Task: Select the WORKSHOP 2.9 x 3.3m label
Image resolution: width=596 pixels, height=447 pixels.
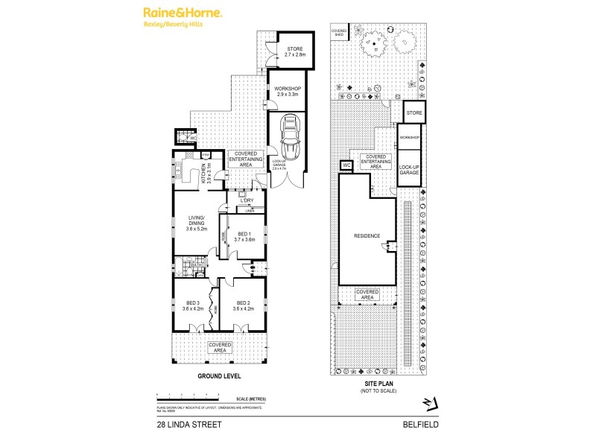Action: click(x=287, y=92)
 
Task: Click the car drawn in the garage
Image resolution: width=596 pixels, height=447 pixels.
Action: click(x=288, y=139)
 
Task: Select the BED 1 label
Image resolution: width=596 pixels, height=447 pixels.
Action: click(x=244, y=237)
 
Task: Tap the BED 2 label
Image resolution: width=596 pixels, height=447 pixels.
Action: click(x=244, y=305)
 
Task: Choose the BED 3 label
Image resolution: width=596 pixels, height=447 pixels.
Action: click(x=192, y=305)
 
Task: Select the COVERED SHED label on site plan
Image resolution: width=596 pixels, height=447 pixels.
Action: click(x=339, y=33)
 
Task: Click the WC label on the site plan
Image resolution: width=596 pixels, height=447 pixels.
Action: click(x=346, y=165)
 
